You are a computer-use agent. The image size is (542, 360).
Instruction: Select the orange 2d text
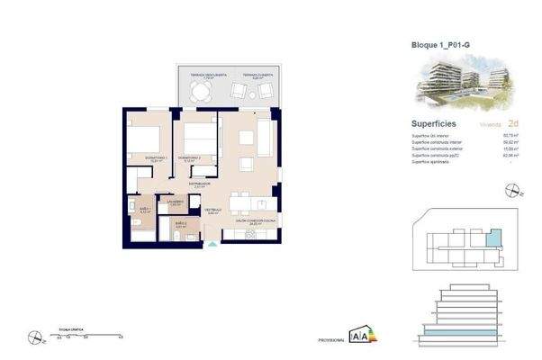pyautogui.click(x=513, y=123)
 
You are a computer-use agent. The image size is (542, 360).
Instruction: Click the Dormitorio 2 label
pyautogui.click(x=188, y=158)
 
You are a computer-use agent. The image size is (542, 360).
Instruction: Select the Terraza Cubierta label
pyautogui.click(x=257, y=75)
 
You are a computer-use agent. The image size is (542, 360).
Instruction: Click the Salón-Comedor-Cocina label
pyautogui.click(x=254, y=220)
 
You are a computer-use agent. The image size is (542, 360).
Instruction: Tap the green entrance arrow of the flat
pyautogui.click(x=212, y=241)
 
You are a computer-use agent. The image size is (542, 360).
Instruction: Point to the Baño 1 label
pyautogui.click(x=145, y=209)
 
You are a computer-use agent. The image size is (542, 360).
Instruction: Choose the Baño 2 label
pyautogui.click(x=180, y=223)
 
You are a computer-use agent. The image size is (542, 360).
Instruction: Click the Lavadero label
pyautogui.click(x=176, y=202)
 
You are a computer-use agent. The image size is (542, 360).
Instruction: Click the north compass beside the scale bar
pyautogui.click(x=34, y=338)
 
